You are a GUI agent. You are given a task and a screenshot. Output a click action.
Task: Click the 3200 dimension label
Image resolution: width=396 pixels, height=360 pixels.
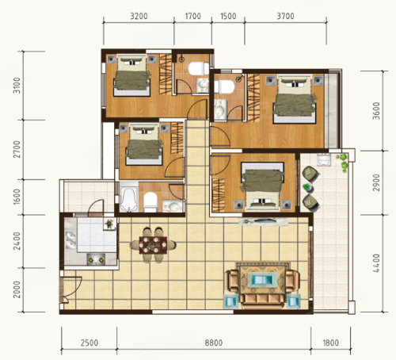tap(139, 16)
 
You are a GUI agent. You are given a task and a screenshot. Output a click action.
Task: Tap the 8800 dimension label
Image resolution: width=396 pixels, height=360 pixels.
tap(214, 343)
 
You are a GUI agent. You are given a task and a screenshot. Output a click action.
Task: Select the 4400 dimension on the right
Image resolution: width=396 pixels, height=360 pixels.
tap(377, 263)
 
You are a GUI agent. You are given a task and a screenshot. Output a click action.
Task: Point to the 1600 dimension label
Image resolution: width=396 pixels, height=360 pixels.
tap(17, 197)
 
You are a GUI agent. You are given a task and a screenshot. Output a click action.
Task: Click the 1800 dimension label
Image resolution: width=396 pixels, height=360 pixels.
tap(330, 343)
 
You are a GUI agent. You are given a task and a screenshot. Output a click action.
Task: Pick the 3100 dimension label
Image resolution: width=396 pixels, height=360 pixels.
tap(17, 85)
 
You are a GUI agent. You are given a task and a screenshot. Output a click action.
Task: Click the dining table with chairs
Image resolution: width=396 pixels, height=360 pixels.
tap(153, 245)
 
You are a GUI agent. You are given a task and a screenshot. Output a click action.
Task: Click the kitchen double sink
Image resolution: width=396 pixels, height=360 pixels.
tap(70, 240)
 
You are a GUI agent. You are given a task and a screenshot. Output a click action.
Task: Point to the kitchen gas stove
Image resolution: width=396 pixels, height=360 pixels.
tap(96, 259)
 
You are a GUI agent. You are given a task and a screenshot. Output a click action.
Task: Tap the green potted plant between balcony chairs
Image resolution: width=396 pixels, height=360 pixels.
tap(307, 187)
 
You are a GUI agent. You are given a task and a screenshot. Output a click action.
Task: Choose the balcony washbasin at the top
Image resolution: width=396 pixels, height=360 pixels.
tap(324, 159)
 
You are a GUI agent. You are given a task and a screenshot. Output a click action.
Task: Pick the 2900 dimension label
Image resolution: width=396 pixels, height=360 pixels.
tap(377, 182)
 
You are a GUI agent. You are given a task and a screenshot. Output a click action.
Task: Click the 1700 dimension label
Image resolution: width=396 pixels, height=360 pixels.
tap(192, 16)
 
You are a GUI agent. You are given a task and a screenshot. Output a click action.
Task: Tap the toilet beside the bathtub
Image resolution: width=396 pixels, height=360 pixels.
tap(150, 201)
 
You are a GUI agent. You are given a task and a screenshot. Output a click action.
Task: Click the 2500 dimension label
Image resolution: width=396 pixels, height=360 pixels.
tap(89, 343)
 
